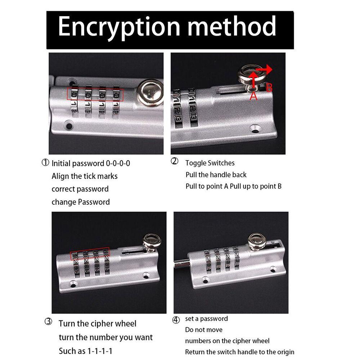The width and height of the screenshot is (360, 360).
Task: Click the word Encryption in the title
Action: click(x=119, y=27)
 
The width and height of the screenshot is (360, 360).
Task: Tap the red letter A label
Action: click(x=253, y=95)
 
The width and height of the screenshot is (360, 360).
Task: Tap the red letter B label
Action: click(x=269, y=87)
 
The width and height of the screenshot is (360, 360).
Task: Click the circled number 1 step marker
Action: click(x=45, y=163)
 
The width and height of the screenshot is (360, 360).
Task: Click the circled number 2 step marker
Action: click(x=174, y=162)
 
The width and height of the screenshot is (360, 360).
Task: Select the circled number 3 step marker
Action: click(x=49, y=322)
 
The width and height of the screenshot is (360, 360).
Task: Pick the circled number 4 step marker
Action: click(x=176, y=319)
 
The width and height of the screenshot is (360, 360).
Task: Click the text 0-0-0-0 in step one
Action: click(x=118, y=163)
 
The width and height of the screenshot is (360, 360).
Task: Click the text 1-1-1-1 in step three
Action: click(x=102, y=351)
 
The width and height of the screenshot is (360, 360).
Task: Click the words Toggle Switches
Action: click(x=210, y=163)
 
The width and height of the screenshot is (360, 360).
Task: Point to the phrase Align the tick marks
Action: click(x=85, y=176)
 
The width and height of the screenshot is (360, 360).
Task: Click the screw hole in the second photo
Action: click(x=255, y=128)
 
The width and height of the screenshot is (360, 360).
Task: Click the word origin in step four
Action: click(x=285, y=352)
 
